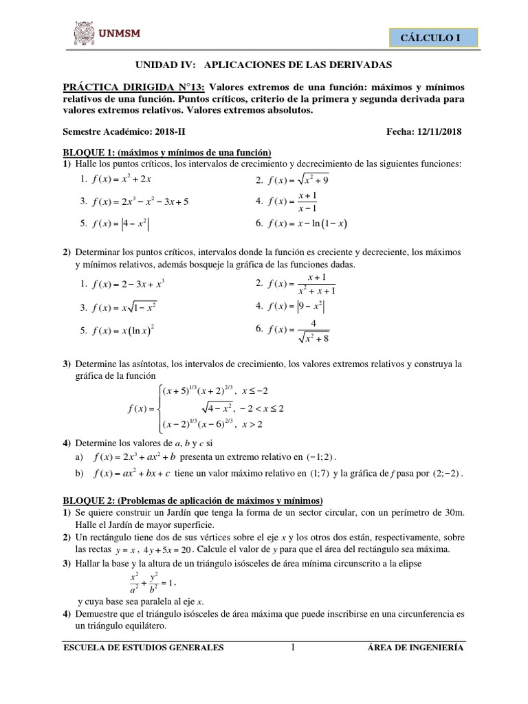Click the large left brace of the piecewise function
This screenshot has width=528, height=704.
click(x=161, y=408)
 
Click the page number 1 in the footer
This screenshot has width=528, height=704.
click(x=293, y=646)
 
